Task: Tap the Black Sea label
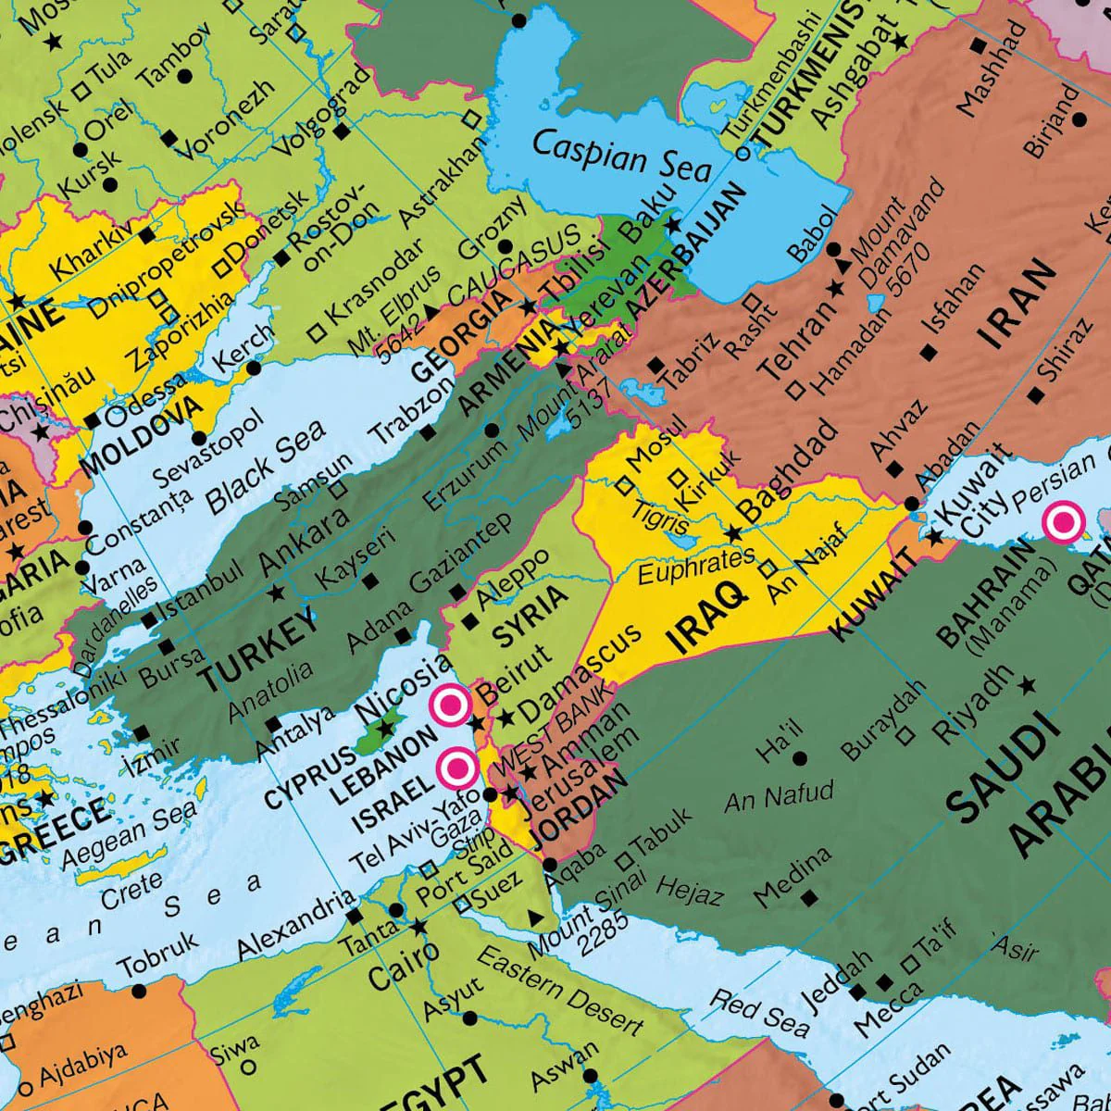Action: click(x=266, y=467)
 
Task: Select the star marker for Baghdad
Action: click(x=733, y=533)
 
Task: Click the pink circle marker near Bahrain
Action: click(x=1064, y=523)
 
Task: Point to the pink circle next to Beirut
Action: click(x=451, y=705)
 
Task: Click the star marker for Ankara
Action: click(x=275, y=592)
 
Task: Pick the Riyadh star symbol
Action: click(x=1027, y=685)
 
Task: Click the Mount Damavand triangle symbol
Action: click(x=843, y=267)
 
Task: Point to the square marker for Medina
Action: click(x=810, y=897)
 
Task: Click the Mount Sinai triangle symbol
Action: click(x=534, y=917)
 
